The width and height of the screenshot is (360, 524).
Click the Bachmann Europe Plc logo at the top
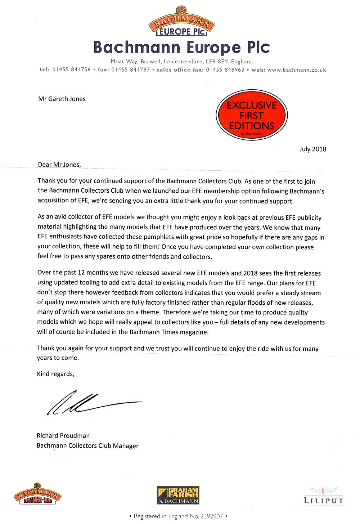coord(181,22)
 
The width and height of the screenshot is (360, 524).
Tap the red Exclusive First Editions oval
coord(252,115)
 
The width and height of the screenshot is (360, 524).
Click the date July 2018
coord(312,149)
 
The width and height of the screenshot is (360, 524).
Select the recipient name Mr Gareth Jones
coord(62,99)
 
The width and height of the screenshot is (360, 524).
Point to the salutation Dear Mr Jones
coord(59,165)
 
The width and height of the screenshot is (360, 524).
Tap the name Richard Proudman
coord(63,435)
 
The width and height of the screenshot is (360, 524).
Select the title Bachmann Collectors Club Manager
coord(87,445)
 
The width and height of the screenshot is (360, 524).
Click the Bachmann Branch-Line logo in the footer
coord(37,494)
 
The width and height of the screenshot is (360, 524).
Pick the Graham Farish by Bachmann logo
coord(178,496)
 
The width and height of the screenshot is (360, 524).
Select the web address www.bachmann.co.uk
coord(297,70)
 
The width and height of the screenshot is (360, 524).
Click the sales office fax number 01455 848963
coord(225,70)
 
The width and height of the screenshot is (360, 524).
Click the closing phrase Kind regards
coord(55,374)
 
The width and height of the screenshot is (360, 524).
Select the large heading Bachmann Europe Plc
coord(181,48)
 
